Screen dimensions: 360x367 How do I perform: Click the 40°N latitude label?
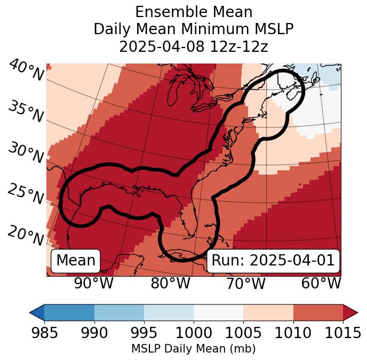click(26, 71)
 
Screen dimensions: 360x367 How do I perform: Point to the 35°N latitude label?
click(26, 112)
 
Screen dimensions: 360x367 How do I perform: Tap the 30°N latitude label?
click(26, 153)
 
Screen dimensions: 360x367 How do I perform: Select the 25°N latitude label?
click(26, 195)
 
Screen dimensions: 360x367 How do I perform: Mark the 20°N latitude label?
click(26, 235)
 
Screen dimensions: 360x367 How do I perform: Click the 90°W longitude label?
click(93, 284)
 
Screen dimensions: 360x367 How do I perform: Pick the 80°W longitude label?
click(170, 284)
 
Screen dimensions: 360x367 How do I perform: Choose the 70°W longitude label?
click(245, 284)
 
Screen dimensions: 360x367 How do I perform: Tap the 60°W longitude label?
click(321, 284)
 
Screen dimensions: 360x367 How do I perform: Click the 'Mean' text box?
click(76, 261)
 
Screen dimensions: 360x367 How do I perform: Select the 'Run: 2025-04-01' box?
click(273, 261)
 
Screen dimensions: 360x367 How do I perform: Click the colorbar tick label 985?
click(44, 333)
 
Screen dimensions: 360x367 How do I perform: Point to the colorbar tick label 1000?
click(194, 333)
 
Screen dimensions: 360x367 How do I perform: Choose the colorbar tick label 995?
click(143, 333)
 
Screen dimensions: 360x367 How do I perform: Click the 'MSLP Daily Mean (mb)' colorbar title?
click(193, 349)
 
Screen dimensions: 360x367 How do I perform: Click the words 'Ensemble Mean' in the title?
click(194, 12)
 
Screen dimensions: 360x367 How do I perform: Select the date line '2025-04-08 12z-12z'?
click(194, 46)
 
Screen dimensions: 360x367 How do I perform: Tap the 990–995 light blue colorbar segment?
click(119, 312)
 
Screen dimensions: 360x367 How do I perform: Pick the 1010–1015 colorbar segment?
click(318, 312)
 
